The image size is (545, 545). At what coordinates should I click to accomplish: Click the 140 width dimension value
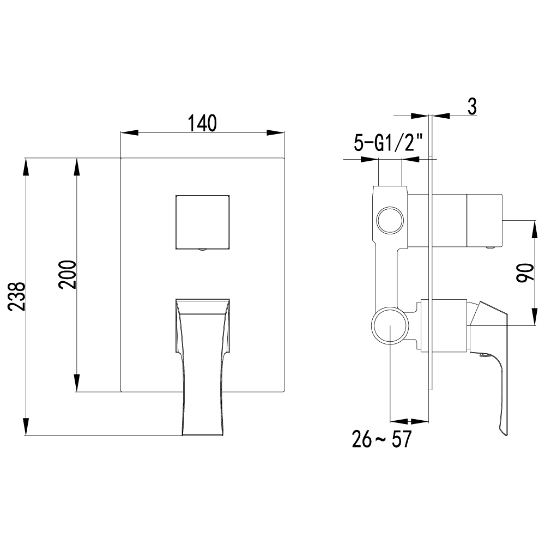tap(203, 122)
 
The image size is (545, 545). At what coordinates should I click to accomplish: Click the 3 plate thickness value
tap(471, 106)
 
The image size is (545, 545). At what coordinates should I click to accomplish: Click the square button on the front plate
tap(202, 221)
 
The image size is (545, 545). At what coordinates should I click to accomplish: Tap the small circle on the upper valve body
tap(390, 221)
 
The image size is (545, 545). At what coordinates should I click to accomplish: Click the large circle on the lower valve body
tap(390, 325)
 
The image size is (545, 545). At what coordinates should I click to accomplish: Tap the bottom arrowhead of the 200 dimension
tap(77, 385)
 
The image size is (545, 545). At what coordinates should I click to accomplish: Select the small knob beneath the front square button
tap(202, 251)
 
